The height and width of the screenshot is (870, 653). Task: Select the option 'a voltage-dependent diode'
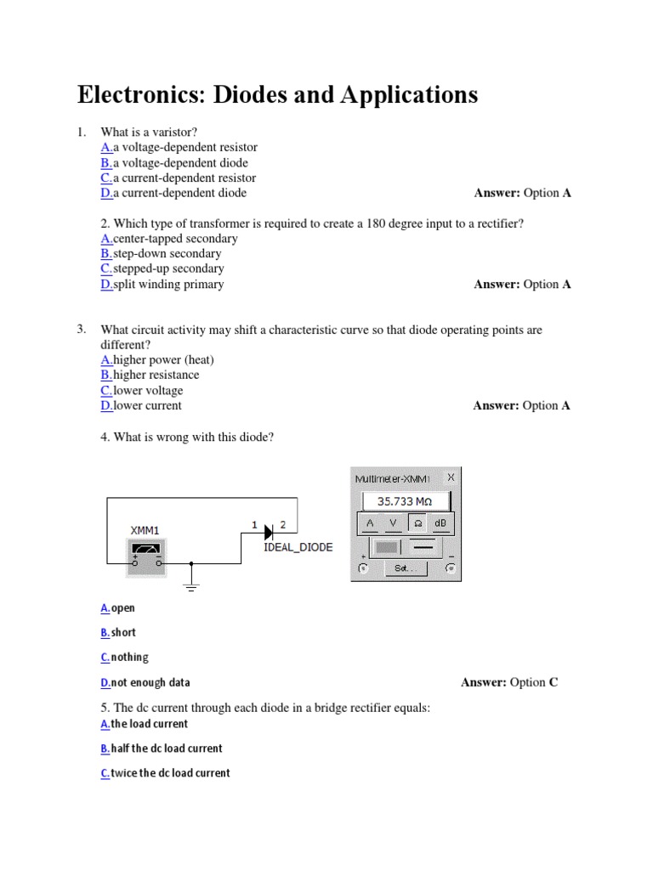pos(179,162)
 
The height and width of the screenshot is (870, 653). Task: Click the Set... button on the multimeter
pos(406,568)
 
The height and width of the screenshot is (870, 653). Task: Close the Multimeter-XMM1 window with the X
pos(451,477)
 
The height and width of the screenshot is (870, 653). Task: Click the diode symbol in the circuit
pos(268,532)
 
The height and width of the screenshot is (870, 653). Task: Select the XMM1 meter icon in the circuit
pos(145,556)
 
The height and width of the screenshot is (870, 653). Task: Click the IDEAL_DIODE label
pos(298,548)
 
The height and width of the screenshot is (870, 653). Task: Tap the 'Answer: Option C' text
pos(509,682)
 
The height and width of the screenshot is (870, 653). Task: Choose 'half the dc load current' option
pos(166,749)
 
